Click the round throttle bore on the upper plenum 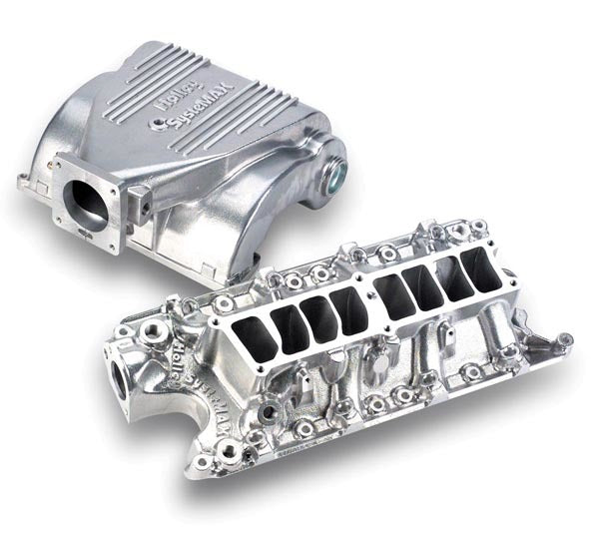coord(87,200)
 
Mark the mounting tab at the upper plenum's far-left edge coord(25,183)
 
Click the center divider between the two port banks coord(369,300)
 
